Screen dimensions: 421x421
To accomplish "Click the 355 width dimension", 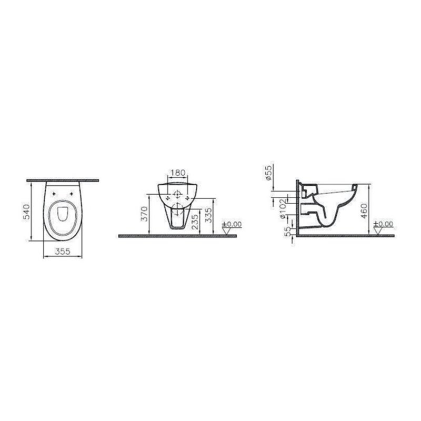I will pos(63,252).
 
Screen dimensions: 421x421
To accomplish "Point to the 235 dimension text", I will pos(194,221).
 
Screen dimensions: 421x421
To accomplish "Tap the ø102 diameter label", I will pos(283,206).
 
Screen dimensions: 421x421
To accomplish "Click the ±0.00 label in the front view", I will pos(232,224).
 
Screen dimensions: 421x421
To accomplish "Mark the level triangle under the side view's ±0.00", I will pos(377,230).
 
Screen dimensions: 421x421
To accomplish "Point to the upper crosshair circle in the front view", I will pos(177,193).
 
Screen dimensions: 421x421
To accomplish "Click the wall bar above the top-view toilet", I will pos(63,180).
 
